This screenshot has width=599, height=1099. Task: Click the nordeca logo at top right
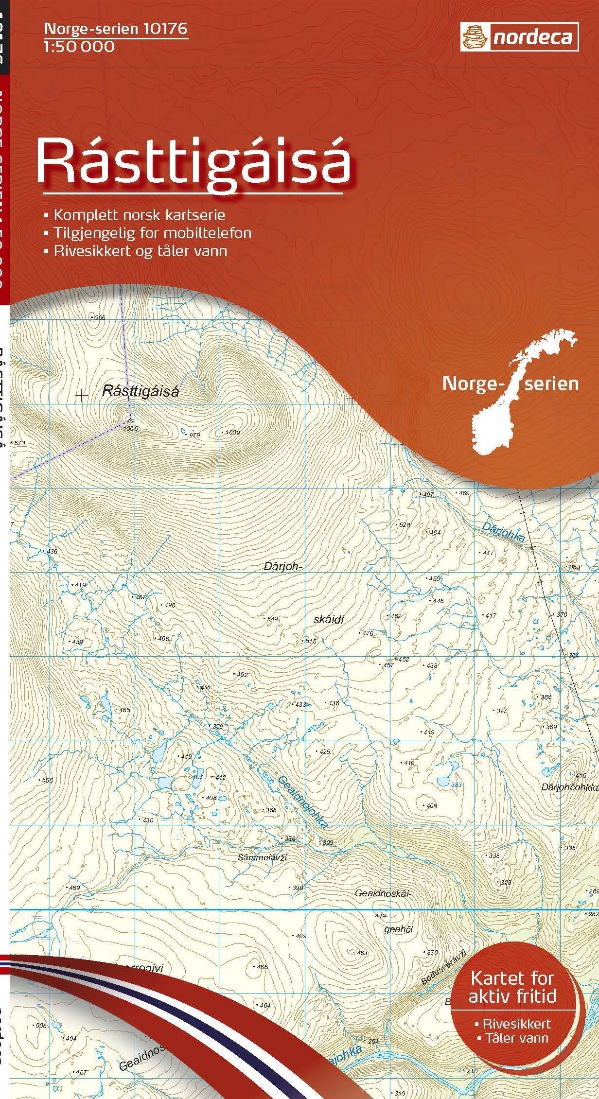[519, 37]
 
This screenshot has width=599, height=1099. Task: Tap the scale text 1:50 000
[79, 47]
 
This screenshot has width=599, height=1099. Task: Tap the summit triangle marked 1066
[130, 419]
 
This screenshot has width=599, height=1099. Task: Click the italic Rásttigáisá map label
[141, 391]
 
